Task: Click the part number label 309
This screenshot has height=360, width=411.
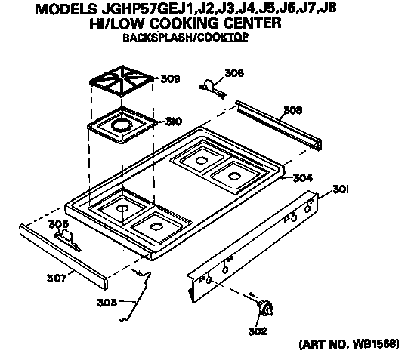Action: tap(170, 78)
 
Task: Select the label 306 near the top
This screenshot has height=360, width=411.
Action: tap(234, 73)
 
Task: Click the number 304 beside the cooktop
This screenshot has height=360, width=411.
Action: tap(303, 179)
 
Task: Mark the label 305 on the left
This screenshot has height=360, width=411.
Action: tap(59, 224)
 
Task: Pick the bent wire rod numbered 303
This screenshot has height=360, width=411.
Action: tap(140, 292)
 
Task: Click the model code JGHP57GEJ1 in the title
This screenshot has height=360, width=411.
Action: tap(142, 9)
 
